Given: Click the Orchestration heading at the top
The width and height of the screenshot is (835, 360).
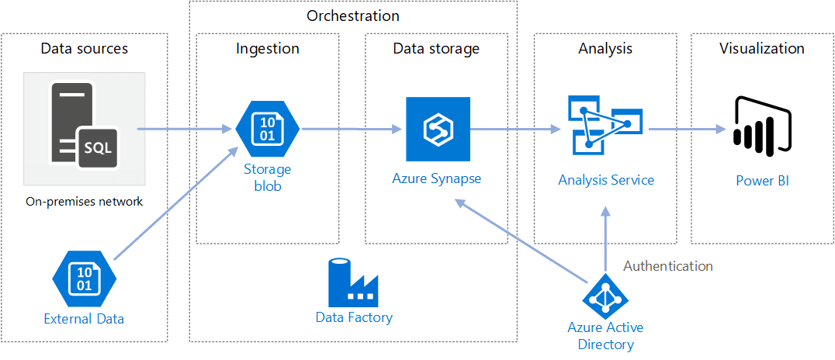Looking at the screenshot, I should [353, 16].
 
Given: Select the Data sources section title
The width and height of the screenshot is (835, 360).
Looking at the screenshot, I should [84, 49].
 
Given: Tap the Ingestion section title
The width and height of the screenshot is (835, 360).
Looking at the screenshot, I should [268, 49].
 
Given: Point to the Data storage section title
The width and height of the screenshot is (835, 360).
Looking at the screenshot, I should [436, 49].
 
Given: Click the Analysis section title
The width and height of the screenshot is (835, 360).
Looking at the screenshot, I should [605, 49].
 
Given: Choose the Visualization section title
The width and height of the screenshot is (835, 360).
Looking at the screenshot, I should [761, 49].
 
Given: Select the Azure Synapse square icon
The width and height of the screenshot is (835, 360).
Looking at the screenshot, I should [438, 129].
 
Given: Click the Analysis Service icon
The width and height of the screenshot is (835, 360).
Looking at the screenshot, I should [605, 124].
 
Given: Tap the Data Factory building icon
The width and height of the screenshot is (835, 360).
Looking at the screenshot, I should [353, 281].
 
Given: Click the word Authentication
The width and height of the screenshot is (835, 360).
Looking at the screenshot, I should [667, 266].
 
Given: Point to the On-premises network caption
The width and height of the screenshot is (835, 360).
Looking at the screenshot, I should [84, 202].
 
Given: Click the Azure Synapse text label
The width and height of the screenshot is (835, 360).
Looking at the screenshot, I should [436, 178].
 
